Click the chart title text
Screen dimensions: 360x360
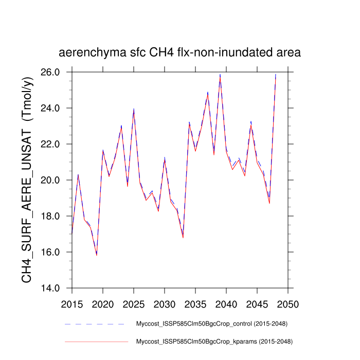coord(179,53)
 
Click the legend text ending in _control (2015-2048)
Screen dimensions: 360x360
coord(211,324)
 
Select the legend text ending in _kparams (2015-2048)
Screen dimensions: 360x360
coord(213,341)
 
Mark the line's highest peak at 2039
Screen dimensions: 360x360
coord(220,75)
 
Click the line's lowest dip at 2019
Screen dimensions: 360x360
coord(97,255)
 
